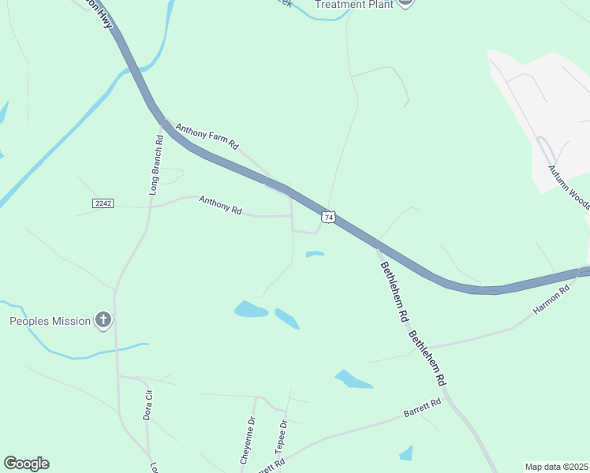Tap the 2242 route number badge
103,203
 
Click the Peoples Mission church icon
103,320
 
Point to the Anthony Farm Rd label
207,136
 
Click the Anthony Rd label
220,205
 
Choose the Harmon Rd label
551,300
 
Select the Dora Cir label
147,404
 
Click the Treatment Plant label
353,4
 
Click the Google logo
26,464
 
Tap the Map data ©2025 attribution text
555,467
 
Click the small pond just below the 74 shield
315,254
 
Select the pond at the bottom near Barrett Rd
406,453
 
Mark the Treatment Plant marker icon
405,2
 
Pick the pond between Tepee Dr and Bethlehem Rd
353,379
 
